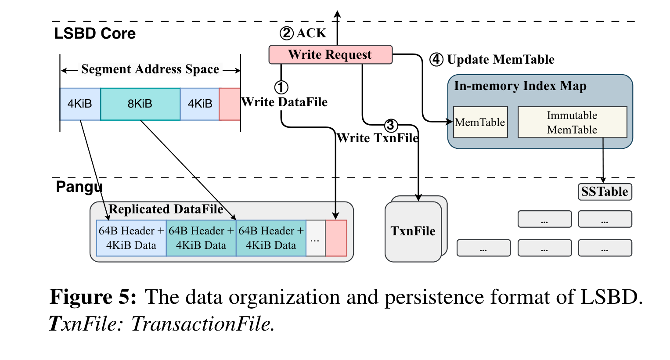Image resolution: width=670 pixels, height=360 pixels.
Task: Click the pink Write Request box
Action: pyautogui.click(x=330, y=54)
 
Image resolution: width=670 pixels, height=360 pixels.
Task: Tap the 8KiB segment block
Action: pyautogui.click(x=140, y=104)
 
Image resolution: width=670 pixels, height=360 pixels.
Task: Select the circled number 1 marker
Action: pyautogui.click(x=281, y=87)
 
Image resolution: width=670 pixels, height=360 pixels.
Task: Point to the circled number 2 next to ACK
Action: pyautogui.click(x=286, y=33)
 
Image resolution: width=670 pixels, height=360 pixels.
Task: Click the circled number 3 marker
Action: pyautogui.click(x=391, y=126)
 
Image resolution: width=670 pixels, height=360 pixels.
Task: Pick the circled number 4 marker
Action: pyautogui.click(x=436, y=59)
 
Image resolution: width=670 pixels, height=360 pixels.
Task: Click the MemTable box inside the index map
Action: pyautogui.click(x=480, y=122)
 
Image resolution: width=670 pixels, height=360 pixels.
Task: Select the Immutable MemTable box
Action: pyautogui.click(x=572, y=122)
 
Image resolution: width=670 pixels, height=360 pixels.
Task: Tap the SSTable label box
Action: pyautogui.click(x=605, y=191)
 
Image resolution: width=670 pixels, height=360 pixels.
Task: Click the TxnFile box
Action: pyautogui.click(x=413, y=231)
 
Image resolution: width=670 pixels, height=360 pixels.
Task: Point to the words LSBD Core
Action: pyautogui.click(x=95, y=34)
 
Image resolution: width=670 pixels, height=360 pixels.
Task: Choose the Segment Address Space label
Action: pyautogui.click(x=150, y=69)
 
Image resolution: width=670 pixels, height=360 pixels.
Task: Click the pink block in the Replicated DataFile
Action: pyautogui.click(x=336, y=238)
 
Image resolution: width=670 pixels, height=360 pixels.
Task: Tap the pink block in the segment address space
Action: pyautogui.click(x=229, y=104)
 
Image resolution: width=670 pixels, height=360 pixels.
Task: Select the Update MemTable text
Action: pyautogui.click(x=501, y=59)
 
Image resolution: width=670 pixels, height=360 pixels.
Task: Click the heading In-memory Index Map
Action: pyautogui.click(x=520, y=86)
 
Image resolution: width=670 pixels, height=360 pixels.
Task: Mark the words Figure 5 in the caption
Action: pyautogui.click(x=93, y=297)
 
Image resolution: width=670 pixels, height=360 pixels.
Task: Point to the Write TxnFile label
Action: pyautogui.click(x=378, y=138)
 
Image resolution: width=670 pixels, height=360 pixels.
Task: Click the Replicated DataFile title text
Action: pyautogui.click(x=166, y=209)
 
